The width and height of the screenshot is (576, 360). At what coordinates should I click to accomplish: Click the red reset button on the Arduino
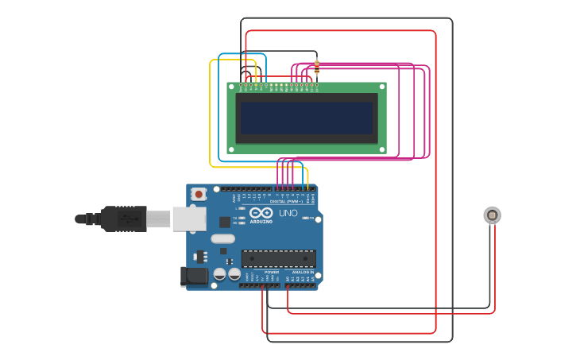pyautogui.click(x=197, y=193)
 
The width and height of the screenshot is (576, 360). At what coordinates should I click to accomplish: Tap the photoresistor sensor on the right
pyautogui.click(x=492, y=215)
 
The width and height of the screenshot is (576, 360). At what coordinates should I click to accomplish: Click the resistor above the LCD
pyautogui.click(x=317, y=67)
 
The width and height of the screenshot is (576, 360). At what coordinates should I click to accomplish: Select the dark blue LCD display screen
pyautogui.click(x=307, y=118)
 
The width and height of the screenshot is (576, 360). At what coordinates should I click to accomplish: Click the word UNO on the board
pyautogui.click(x=288, y=213)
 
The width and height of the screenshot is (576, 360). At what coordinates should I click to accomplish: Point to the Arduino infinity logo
pyautogui.click(x=261, y=212)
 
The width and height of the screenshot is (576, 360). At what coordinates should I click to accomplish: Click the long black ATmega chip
pyautogui.click(x=278, y=258)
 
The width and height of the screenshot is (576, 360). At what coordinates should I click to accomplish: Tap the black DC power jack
pyautogui.click(x=194, y=277)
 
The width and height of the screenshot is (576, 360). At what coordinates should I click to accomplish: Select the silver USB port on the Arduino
pyautogui.click(x=189, y=219)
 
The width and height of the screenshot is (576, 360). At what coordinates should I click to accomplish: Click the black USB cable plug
pyautogui.click(x=124, y=219)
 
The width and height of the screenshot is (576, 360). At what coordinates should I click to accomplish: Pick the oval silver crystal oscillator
pyautogui.click(x=223, y=238)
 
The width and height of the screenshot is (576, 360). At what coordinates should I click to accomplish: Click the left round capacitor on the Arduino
pyautogui.click(x=220, y=274)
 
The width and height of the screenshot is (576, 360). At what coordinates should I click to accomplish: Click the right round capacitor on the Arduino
pyautogui.click(x=234, y=274)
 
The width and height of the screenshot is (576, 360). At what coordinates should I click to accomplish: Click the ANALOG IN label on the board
pyautogui.click(x=303, y=272)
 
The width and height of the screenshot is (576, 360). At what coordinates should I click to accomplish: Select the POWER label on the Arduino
pyautogui.click(x=271, y=272)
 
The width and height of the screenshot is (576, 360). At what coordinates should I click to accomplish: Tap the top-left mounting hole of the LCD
pyautogui.click(x=232, y=87)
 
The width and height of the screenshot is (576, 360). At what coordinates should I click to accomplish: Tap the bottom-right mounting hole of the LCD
pyautogui.click(x=383, y=149)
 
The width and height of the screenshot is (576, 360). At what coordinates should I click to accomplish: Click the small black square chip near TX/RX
pyautogui.click(x=223, y=251)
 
